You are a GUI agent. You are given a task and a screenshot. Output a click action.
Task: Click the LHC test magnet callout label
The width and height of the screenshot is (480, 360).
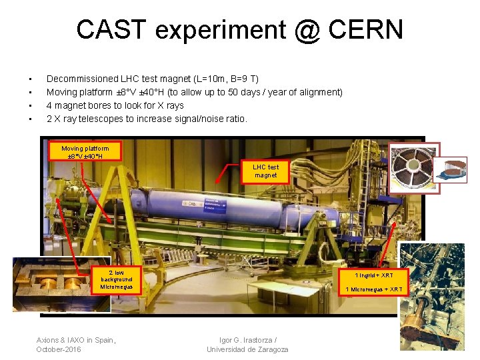coord(265,171)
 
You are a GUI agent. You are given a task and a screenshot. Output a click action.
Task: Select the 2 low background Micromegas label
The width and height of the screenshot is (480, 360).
coord(116,280)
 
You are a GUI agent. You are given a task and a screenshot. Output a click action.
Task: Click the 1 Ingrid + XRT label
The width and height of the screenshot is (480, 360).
coord(373,275)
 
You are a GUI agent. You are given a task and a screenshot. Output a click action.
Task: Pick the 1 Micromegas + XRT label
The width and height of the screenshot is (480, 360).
coord(373,289)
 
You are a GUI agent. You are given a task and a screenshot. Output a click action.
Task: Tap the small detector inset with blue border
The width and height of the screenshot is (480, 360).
coord(451,169)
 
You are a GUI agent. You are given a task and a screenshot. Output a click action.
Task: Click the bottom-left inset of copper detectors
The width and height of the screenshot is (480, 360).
coord(52,284)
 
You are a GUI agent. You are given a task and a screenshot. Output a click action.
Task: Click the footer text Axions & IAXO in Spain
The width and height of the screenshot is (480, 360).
coord(76,340)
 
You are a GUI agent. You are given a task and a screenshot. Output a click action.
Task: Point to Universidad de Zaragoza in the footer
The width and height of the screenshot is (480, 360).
coord(247,349)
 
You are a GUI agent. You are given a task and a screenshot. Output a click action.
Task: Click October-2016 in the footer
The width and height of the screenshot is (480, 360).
coord(58,349)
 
